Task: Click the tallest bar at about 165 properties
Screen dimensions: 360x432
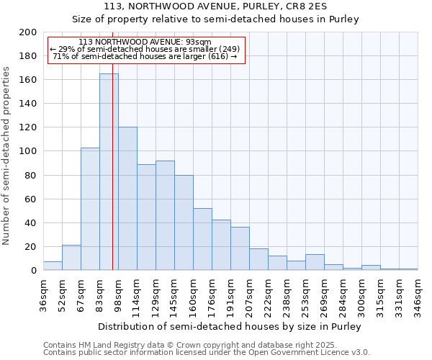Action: [x=109, y=173]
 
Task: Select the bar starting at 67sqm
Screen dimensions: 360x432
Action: [x=90, y=209]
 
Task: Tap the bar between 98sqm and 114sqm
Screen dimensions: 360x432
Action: [x=127, y=199]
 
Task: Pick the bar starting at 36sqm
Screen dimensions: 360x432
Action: [x=53, y=266]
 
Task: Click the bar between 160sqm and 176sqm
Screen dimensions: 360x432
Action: [x=202, y=240]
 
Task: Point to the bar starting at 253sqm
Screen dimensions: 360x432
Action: [x=315, y=263]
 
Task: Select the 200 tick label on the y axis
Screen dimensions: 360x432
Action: [x=28, y=32]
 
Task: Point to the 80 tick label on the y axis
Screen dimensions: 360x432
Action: [x=31, y=175]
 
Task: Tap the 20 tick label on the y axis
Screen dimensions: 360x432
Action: [x=31, y=246]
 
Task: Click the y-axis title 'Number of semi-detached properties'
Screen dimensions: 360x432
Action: [x=6, y=156]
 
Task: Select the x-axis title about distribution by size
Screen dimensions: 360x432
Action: [x=229, y=326]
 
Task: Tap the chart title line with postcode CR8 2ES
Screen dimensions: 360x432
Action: [x=216, y=6]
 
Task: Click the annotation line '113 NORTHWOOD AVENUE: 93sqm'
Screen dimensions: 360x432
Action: [x=145, y=42]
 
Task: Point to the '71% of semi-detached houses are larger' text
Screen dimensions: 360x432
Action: [x=145, y=56]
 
